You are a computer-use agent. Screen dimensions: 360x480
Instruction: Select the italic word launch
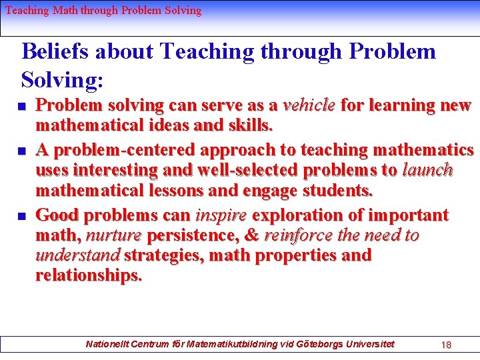[x=427, y=170]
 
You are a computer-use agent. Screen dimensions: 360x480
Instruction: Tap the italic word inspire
[x=221, y=215]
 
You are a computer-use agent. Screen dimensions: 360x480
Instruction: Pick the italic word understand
[x=77, y=255]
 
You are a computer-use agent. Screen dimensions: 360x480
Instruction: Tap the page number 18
[x=446, y=345]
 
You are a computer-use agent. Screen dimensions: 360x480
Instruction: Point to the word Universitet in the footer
[x=371, y=344]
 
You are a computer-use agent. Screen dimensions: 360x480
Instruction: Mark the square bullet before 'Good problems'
[x=22, y=216]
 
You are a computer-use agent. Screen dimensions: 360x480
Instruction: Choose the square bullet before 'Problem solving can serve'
[x=22, y=106]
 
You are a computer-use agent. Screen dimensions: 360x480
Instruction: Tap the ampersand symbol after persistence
[x=252, y=235]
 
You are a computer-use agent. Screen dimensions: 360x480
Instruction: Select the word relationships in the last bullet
[x=89, y=275]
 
